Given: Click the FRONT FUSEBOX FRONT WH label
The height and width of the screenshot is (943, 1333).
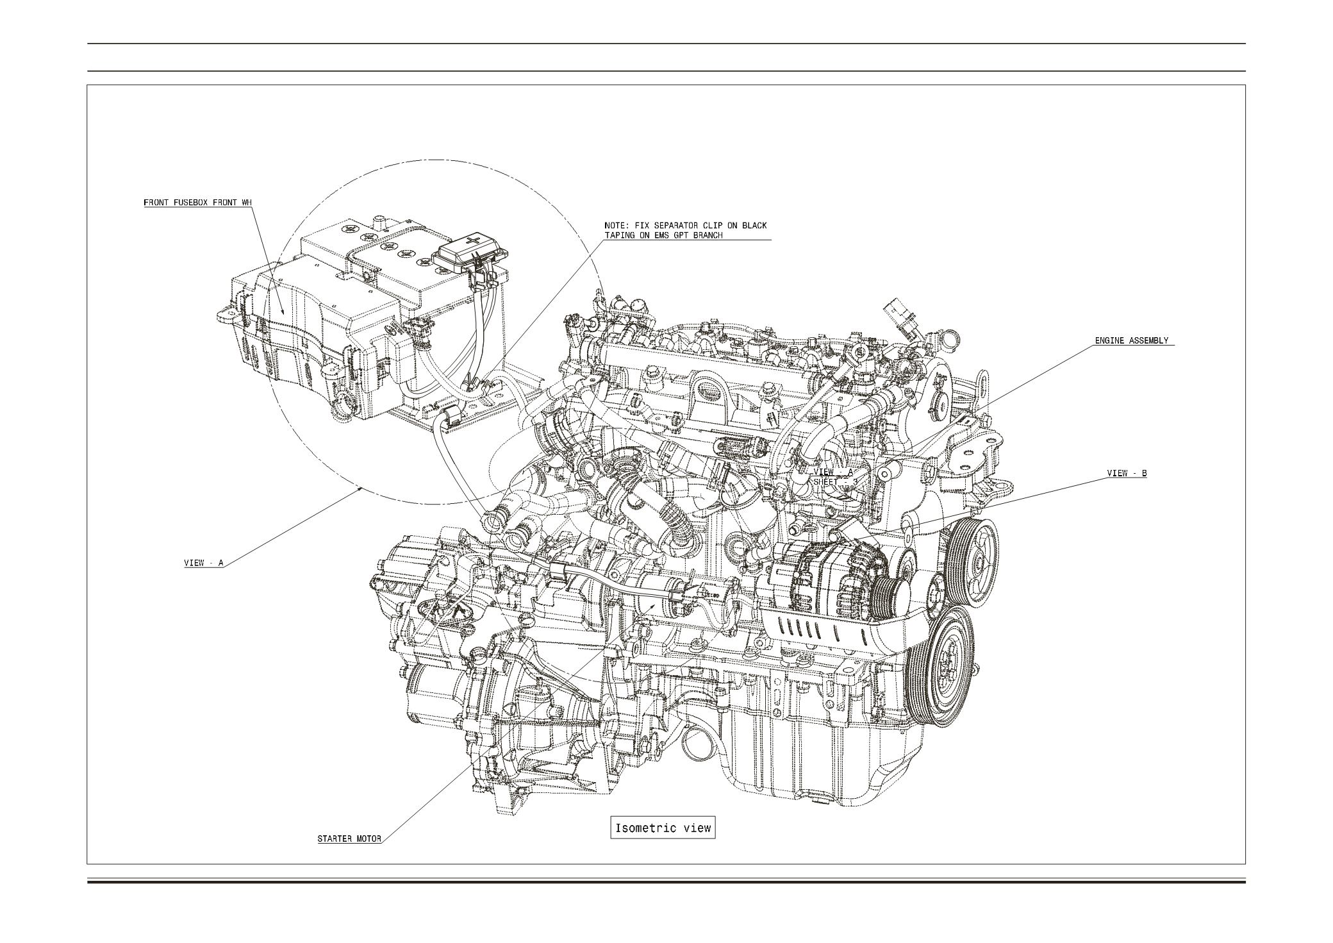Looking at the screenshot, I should coord(197,203).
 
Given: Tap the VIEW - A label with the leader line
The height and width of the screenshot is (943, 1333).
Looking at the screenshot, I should coord(204,563).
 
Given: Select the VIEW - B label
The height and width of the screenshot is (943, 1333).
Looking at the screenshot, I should coord(1127,474).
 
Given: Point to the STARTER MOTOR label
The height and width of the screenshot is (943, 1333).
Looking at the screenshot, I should coord(349,839).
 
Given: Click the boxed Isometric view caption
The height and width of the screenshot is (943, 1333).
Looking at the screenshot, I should coord(663,828).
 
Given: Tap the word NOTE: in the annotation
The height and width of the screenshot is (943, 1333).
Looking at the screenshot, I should coord(618,226).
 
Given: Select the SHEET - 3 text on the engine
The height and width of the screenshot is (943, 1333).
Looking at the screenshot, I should coord(835,481).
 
